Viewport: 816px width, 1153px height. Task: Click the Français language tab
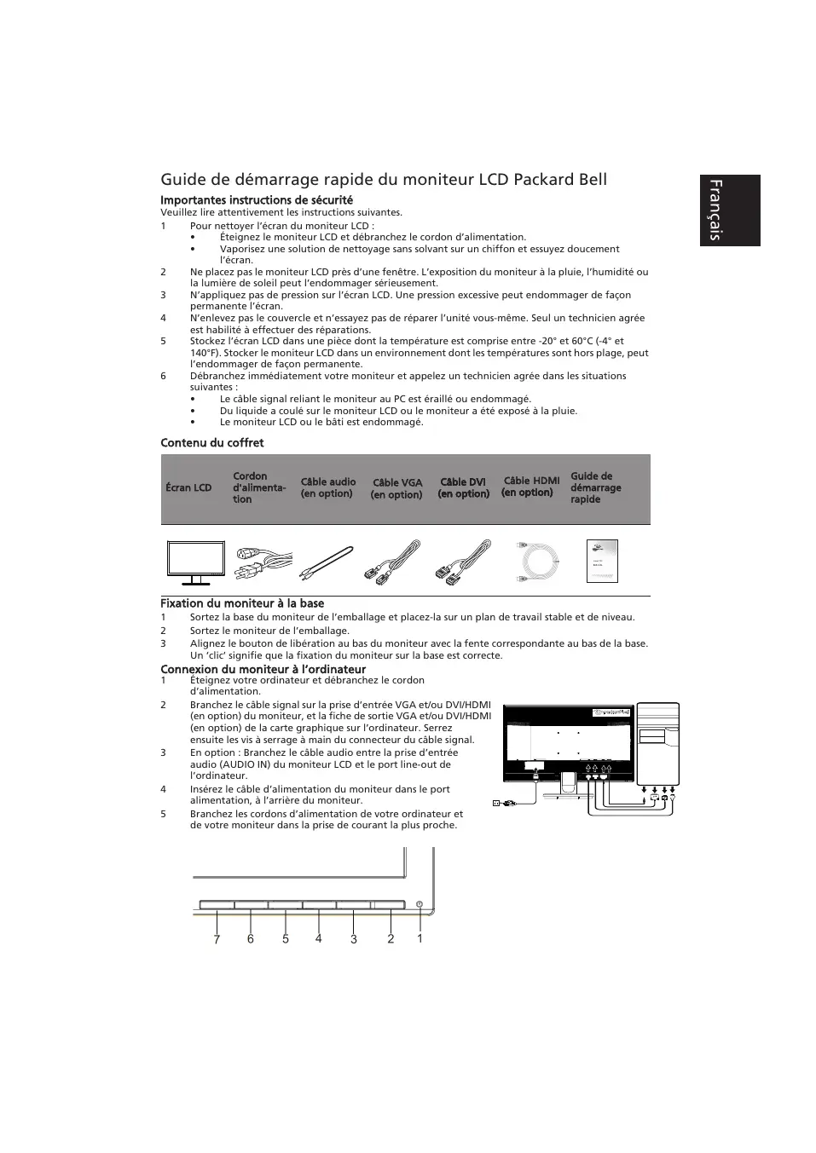pos(729,210)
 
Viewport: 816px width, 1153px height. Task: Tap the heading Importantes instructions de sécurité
pos(257,200)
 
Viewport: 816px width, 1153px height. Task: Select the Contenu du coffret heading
pos(212,442)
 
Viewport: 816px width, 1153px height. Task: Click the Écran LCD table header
pos(188,487)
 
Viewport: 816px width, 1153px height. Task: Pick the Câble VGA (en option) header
pos(396,488)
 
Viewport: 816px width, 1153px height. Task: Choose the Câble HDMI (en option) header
pos(530,487)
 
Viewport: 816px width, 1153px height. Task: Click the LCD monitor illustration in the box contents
pos(195,562)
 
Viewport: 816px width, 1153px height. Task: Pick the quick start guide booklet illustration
pos(602,561)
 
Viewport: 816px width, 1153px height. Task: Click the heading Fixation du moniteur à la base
pos(242,603)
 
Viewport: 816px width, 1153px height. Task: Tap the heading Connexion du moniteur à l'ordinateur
pos(263,669)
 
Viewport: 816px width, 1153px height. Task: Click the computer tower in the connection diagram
pos(657,743)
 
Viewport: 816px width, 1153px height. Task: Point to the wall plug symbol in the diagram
pos(496,802)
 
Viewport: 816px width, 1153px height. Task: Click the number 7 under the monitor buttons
pos(217,939)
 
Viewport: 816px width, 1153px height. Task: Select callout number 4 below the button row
pos(318,939)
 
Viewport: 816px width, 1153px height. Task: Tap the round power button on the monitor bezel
pos(420,902)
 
